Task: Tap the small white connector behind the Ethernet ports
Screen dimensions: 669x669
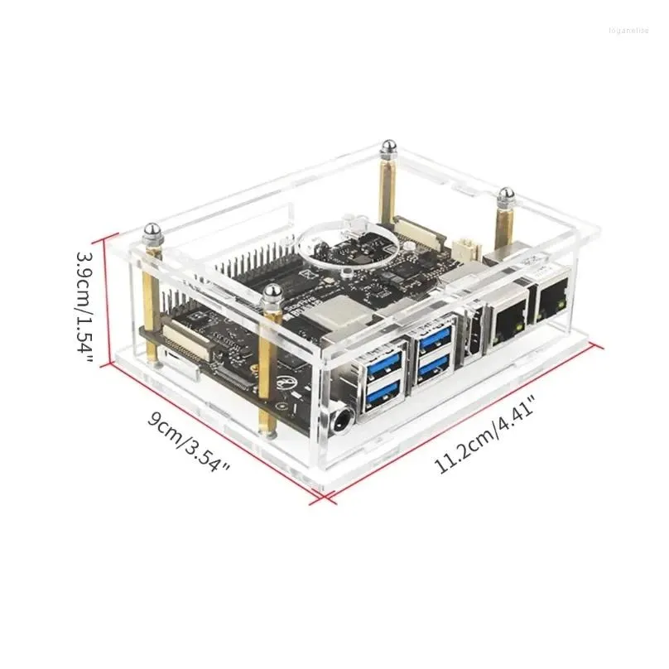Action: (465, 246)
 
